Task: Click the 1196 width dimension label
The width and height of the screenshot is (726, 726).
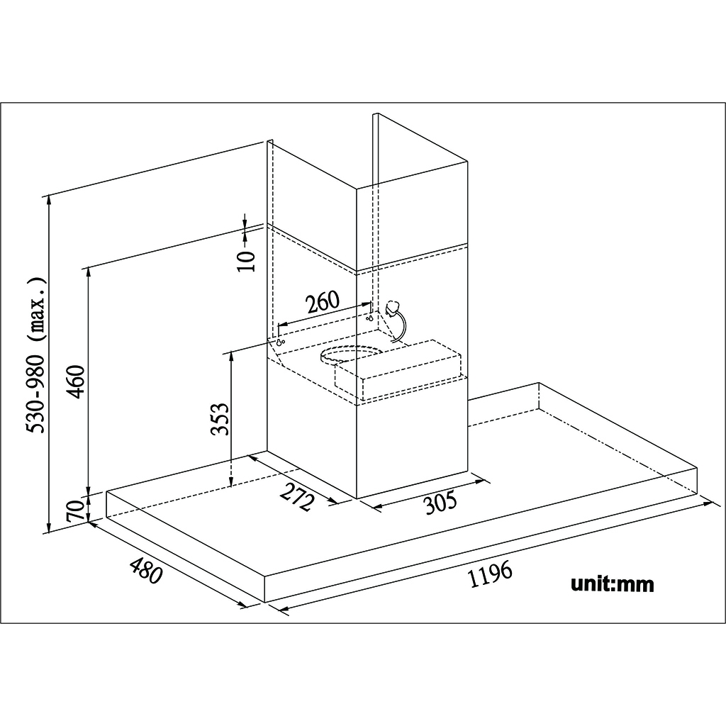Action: [491, 573]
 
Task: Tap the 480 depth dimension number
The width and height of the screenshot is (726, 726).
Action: [146, 571]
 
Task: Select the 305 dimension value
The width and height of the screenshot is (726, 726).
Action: [441, 503]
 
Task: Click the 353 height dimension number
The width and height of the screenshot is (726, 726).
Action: [220, 419]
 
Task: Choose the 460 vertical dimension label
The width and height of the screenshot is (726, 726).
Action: [75, 381]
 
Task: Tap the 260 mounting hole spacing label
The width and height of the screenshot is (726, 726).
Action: [323, 302]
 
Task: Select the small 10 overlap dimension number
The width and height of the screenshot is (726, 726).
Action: [246, 261]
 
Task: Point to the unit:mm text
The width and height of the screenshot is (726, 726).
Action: [613, 584]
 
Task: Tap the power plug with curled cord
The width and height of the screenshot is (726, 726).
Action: [396, 320]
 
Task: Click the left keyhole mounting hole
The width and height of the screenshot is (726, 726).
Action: [280, 342]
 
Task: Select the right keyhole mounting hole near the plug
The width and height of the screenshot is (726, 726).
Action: [370, 318]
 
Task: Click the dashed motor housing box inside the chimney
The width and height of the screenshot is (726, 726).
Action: [398, 369]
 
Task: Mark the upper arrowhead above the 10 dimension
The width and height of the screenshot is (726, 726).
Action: [245, 221]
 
